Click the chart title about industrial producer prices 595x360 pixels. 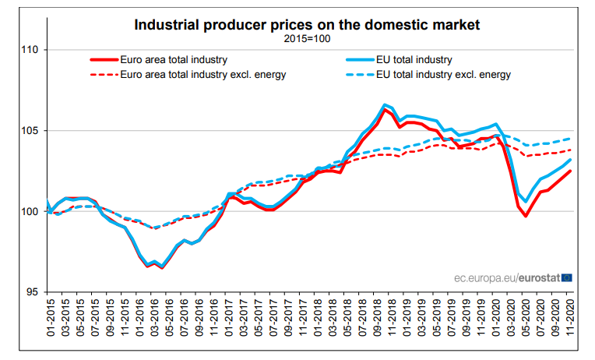[307, 25]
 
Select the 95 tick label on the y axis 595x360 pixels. [32, 292]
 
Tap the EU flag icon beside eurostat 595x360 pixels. [566, 277]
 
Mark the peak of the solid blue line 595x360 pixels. [385, 104]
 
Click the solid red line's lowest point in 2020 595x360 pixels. [526, 216]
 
